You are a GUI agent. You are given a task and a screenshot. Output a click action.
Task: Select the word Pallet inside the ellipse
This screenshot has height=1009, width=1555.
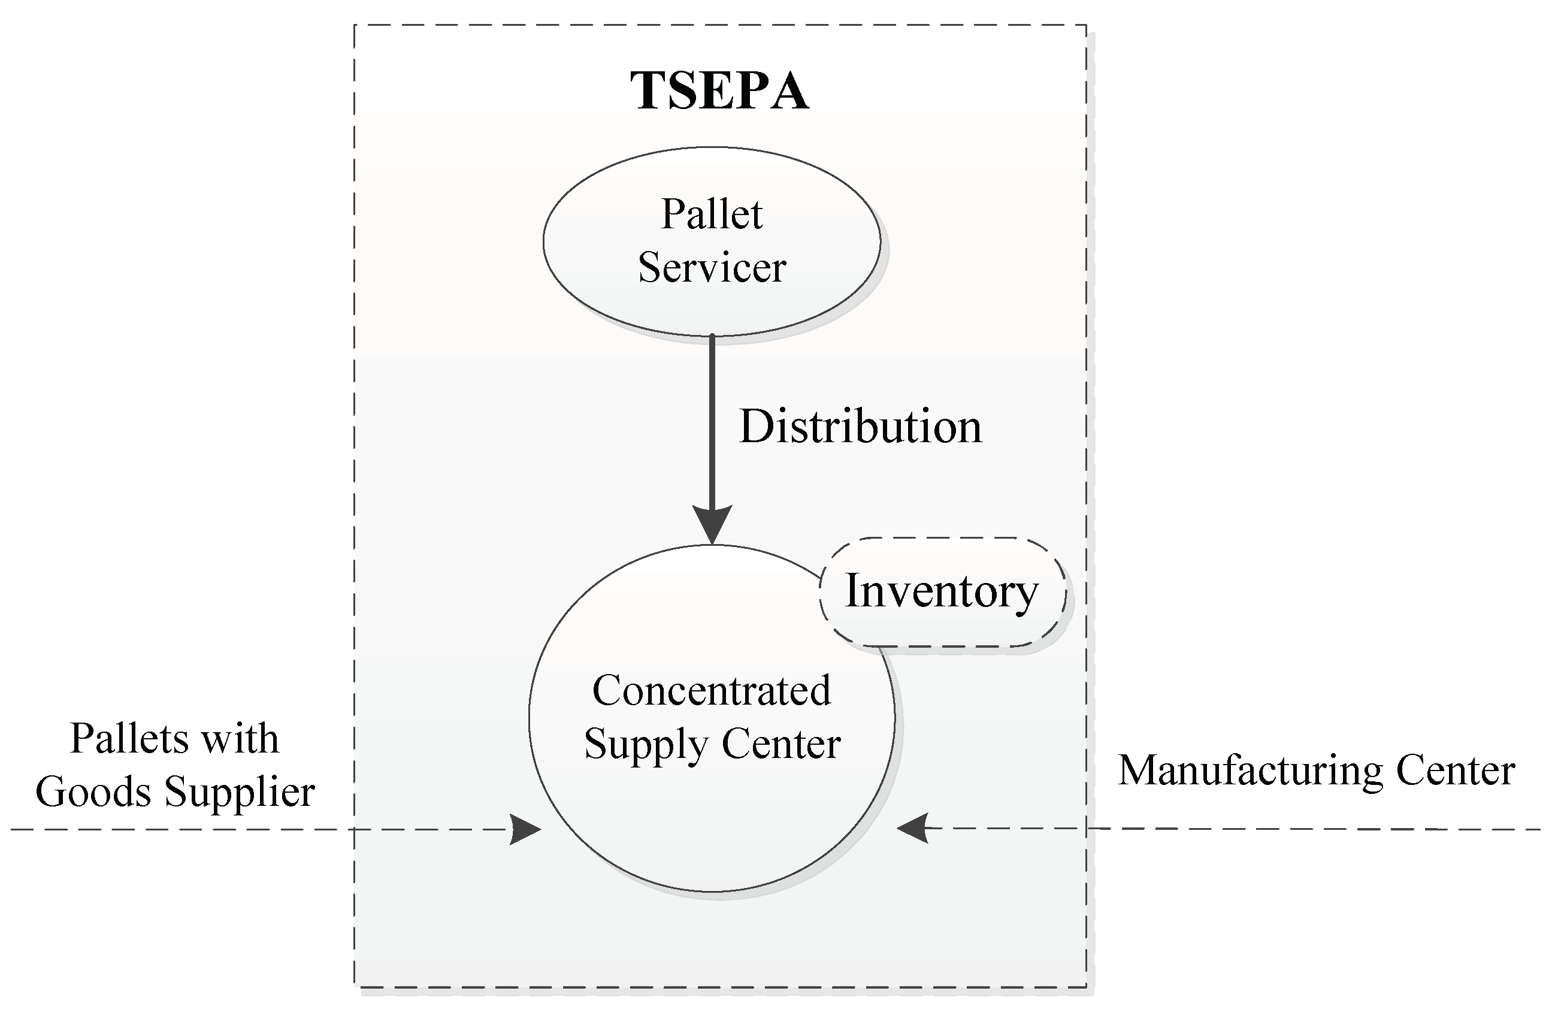pyautogui.click(x=712, y=214)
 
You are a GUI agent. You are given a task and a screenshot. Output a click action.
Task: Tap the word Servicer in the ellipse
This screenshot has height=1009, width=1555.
pyautogui.click(x=712, y=267)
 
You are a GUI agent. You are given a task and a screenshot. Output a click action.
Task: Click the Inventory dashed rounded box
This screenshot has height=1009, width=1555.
pyautogui.click(x=942, y=592)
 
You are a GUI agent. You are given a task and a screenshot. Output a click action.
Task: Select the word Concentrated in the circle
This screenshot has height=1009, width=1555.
pyautogui.click(x=712, y=691)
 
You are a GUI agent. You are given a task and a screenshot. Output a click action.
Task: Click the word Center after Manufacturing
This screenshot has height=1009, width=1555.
pyautogui.click(x=1455, y=771)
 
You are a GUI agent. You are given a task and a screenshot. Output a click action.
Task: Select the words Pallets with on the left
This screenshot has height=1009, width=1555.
pyautogui.click(x=174, y=738)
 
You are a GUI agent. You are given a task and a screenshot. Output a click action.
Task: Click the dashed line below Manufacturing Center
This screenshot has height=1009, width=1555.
pyautogui.click(x=1307, y=829)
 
